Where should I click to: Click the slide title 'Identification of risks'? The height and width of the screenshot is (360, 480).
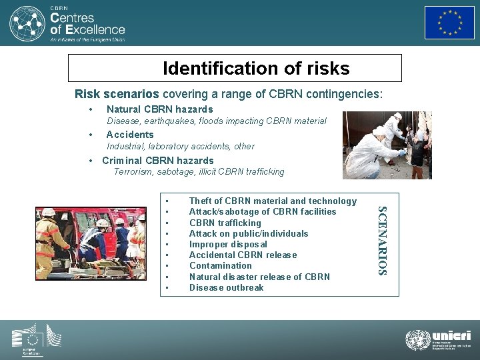pyautogui.click(x=256, y=69)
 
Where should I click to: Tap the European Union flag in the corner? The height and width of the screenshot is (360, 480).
pyautogui.click(x=449, y=23)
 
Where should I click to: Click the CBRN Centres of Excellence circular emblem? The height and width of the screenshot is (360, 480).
pyautogui.click(x=27, y=23)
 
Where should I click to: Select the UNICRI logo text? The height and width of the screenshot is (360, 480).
pyautogui.click(x=451, y=336)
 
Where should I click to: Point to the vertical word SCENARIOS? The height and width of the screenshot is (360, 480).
pyautogui.click(x=383, y=241)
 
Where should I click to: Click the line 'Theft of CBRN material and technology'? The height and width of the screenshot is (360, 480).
pyautogui.click(x=273, y=201)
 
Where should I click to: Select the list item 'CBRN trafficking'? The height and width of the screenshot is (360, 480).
pyautogui.click(x=225, y=223)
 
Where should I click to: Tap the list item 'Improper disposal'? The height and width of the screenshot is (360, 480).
pyautogui.click(x=228, y=244)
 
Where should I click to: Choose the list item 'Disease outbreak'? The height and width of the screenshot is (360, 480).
pyautogui.click(x=226, y=287)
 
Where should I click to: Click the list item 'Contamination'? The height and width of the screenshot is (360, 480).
pyautogui.click(x=220, y=265)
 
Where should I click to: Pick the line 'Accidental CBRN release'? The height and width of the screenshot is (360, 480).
pyautogui.click(x=243, y=255)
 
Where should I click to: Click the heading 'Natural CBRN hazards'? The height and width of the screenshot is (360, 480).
pyautogui.click(x=159, y=109)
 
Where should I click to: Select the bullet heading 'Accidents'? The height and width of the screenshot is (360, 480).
pyautogui.click(x=130, y=135)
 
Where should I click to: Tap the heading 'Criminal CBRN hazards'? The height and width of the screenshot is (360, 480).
pyautogui.click(x=157, y=161)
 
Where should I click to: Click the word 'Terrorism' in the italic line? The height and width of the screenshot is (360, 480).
pyautogui.click(x=133, y=172)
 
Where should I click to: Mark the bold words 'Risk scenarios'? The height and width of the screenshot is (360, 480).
pyautogui.click(x=117, y=94)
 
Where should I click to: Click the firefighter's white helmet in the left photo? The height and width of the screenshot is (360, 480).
pyautogui.click(x=48, y=212)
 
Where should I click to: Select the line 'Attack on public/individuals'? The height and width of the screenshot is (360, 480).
pyautogui.click(x=249, y=233)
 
